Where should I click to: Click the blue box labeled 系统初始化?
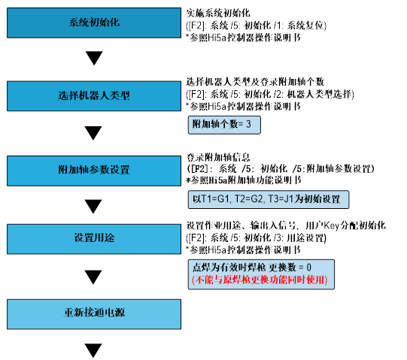[94, 23]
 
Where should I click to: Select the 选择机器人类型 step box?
[94, 96]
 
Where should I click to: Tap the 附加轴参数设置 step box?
[94, 171]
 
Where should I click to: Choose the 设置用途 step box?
[94, 239]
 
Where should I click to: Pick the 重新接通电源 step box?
[94, 314]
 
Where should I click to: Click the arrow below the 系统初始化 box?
[94, 58]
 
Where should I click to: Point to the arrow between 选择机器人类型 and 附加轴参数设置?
[93, 133]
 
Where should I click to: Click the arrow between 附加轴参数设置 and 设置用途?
[93, 206]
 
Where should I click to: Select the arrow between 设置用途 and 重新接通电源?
[93, 277]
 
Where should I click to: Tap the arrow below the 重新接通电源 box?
[93, 350]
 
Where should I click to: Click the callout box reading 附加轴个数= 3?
[224, 125]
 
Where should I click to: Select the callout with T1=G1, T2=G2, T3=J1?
[269, 199]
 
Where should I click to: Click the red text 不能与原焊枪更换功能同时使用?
[260, 280]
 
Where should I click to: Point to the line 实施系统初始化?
[218, 13]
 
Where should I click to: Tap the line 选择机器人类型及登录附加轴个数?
[255, 82]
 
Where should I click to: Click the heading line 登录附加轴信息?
[218, 157]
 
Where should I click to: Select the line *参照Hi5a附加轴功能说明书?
[244, 180]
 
